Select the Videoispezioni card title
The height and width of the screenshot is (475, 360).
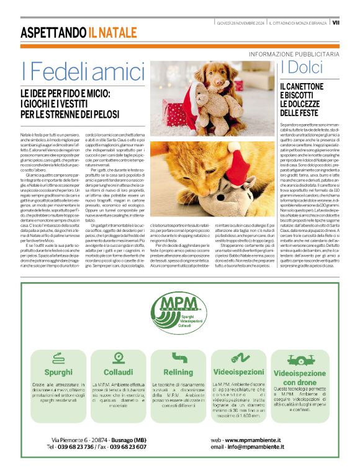pos(238,372)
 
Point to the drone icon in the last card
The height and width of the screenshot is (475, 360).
pos(299,358)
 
